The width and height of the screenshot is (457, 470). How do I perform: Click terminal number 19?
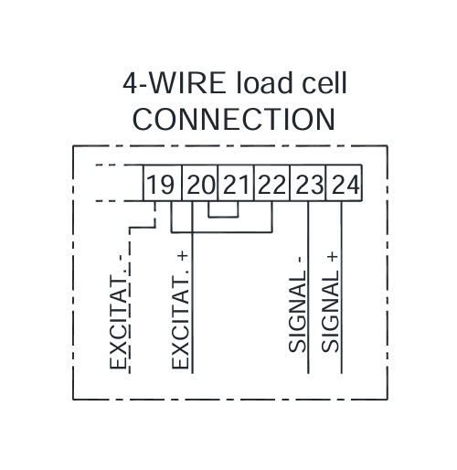(x=161, y=185)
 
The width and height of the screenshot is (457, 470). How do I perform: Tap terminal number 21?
(x=235, y=185)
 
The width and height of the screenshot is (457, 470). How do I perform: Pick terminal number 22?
(x=271, y=185)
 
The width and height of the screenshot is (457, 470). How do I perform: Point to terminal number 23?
(x=309, y=185)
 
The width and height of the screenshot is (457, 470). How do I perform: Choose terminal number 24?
(x=345, y=185)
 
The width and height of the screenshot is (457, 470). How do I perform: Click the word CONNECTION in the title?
(x=234, y=119)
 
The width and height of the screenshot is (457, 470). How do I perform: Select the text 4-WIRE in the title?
(x=175, y=83)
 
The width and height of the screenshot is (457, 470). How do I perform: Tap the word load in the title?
(x=264, y=83)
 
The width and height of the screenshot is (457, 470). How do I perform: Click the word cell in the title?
(x=324, y=83)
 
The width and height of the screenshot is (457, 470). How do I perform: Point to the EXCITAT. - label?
(x=118, y=312)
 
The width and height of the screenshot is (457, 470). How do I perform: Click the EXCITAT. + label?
(x=180, y=310)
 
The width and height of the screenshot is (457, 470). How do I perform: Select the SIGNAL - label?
(x=298, y=304)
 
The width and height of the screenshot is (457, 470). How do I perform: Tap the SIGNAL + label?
(x=330, y=302)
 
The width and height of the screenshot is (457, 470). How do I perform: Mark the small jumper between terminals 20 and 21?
(x=223, y=217)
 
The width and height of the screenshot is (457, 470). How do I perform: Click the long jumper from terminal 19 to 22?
(x=222, y=232)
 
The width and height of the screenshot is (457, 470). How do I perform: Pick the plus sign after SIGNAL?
(x=334, y=257)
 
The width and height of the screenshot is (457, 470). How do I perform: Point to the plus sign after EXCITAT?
(x=184, y=257)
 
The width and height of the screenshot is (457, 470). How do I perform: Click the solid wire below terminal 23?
(x=308, y=287)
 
